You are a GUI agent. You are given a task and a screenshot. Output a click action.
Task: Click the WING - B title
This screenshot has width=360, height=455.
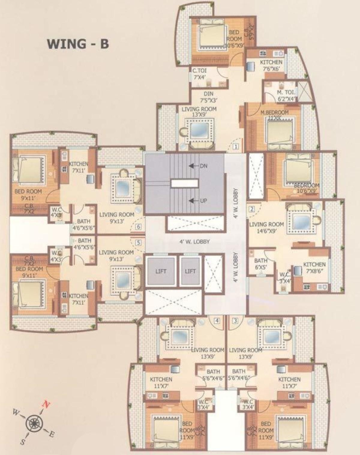(x=78, y=44)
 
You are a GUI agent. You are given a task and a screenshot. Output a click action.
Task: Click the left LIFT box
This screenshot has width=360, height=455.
(x=161, y=271)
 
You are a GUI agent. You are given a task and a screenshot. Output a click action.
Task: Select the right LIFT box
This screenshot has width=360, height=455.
(x=190, y=271)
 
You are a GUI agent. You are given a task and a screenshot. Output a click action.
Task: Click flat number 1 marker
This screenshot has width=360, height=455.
(x=236, y=147)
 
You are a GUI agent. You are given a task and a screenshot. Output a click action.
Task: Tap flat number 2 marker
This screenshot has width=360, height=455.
(x=252, y=209)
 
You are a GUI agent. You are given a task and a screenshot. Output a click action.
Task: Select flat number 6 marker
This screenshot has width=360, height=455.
(x=138, y=227)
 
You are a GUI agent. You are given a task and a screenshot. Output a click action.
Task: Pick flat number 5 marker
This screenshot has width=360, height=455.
(x=138, y=243)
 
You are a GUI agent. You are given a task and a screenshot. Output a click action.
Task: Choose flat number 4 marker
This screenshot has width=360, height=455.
(x=217, y=321)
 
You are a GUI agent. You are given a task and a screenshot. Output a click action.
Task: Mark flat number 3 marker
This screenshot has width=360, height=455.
(x=235, y=321)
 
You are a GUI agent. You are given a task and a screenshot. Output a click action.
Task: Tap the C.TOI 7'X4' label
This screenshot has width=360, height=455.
(x=199, y=74)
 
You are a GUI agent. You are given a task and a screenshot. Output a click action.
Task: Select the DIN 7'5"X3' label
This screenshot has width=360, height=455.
(x=208, y=97)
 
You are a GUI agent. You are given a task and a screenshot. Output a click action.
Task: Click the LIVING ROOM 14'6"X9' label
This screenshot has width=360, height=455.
(x=266, y=227)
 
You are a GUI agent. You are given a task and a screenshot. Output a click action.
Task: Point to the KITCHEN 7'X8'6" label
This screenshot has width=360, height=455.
(x=314, y=268)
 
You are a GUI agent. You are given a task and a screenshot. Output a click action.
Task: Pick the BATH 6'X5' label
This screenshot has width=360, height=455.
(x=261, y=264)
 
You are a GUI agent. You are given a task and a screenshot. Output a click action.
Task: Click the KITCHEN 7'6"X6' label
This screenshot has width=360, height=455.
(x=271, y=65)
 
